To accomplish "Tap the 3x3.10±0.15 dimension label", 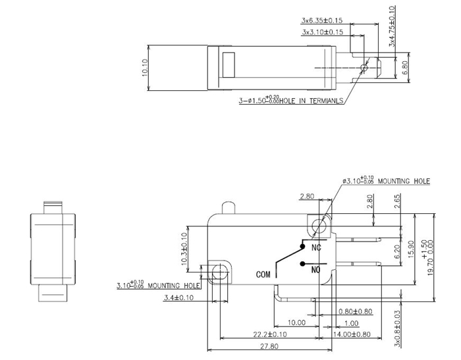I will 323,32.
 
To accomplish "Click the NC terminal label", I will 315,248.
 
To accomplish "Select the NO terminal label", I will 315,269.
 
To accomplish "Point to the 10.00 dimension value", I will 296,323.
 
